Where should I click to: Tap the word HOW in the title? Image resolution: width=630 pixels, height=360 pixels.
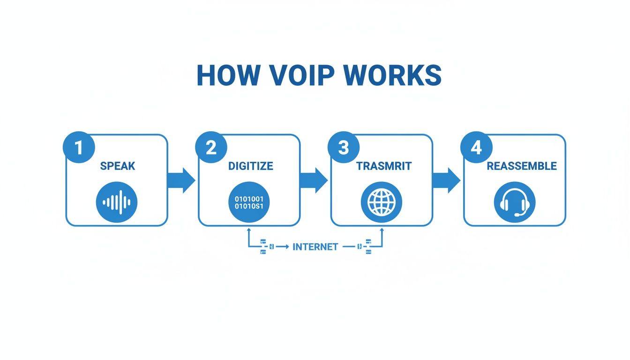pos(223,75)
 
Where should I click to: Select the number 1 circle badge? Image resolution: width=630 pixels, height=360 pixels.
pos(78,148)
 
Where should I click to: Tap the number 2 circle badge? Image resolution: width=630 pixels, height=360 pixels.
pos(211,148)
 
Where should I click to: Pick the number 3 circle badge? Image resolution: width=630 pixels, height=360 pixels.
pos(344,148)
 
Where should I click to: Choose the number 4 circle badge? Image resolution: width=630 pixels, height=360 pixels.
pos(476,148)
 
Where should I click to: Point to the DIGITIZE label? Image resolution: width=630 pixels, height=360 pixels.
pos(250,166)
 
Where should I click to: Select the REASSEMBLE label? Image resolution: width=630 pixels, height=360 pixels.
pos(521,166)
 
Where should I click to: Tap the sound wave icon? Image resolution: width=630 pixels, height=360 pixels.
pos(116,202)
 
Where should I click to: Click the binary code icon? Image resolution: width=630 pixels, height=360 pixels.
pos(249,202)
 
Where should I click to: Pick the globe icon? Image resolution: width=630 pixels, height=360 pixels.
pos(381,202)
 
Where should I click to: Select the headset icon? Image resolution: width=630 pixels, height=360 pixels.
pos(514,202)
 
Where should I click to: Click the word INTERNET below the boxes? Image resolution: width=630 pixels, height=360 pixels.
pos(315,247)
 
